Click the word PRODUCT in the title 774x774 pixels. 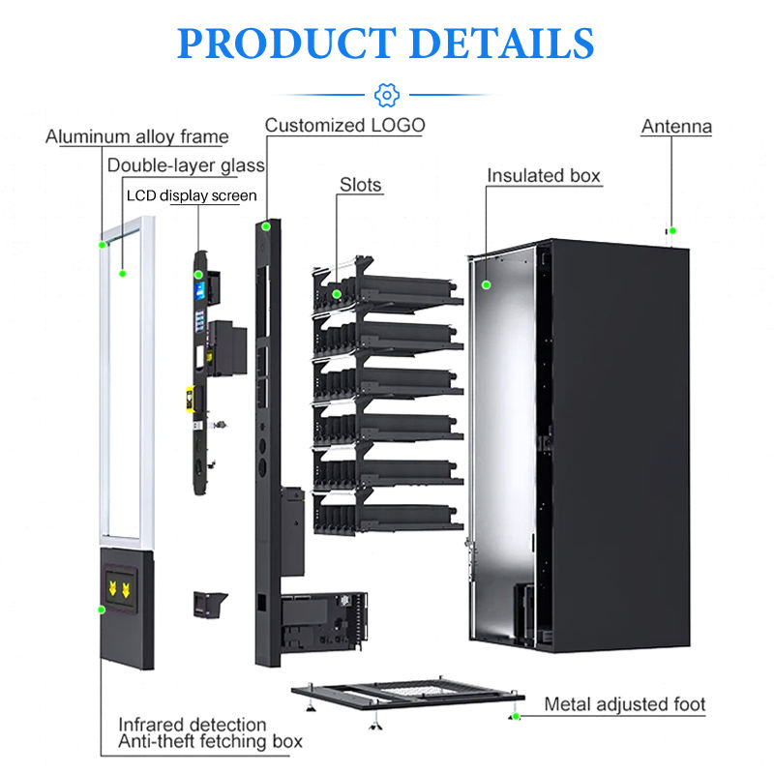(283, 43)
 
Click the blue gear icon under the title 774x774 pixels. (386, 94)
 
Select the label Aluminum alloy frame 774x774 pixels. (137, 136)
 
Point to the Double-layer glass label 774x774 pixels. (186, 165)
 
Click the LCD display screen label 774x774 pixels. (193, 195)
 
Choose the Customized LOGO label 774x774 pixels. (344, 125)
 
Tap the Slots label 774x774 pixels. (360, 184)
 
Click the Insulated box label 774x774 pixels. (544, 175)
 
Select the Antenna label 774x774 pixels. (676, 126)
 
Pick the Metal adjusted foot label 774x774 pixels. (624, 704)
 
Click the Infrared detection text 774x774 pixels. (192, 724)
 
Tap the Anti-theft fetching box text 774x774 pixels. (210, 742)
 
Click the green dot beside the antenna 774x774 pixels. (672, 230)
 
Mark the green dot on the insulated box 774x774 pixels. (488, 284)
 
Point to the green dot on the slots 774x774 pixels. (337, 293)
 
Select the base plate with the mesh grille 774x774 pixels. (406, 693)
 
